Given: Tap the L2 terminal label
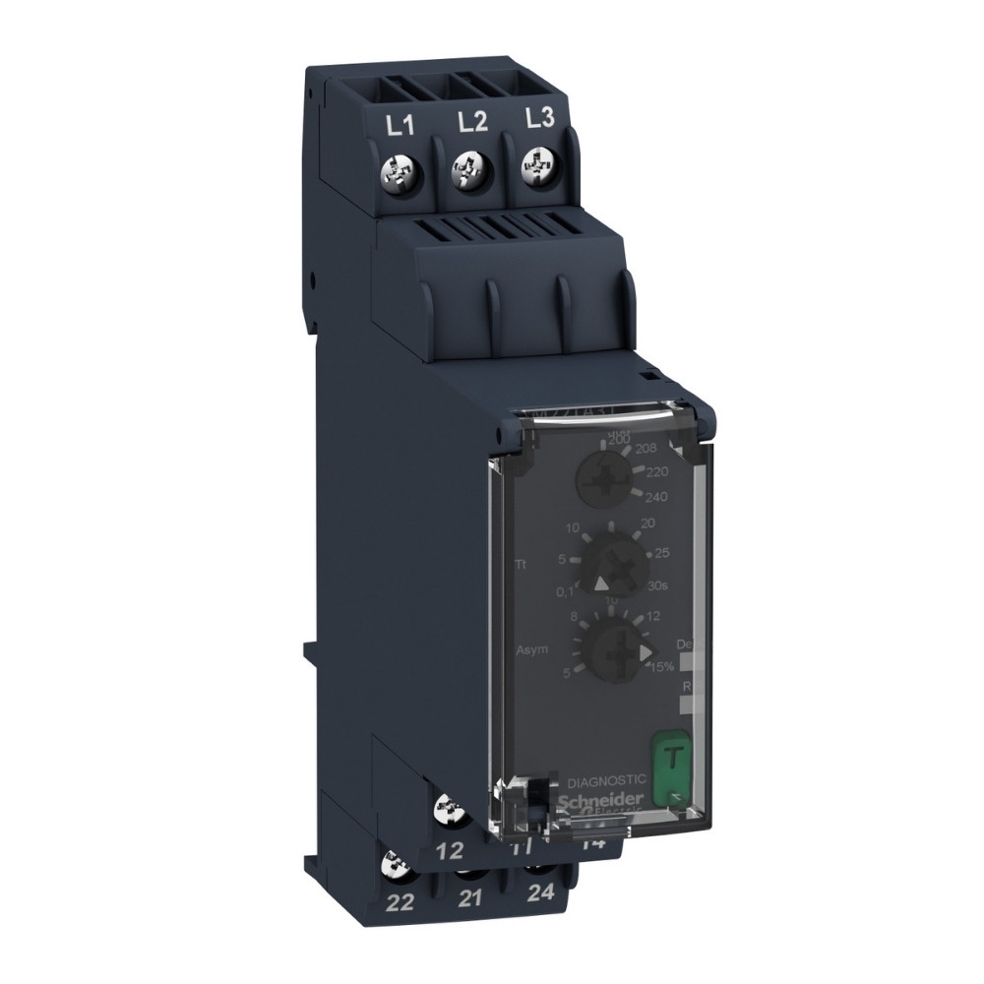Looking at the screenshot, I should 473,123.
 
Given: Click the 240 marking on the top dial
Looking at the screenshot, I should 654,496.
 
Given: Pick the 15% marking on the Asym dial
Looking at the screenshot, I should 660,667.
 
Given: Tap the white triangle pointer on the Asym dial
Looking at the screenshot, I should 645,651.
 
